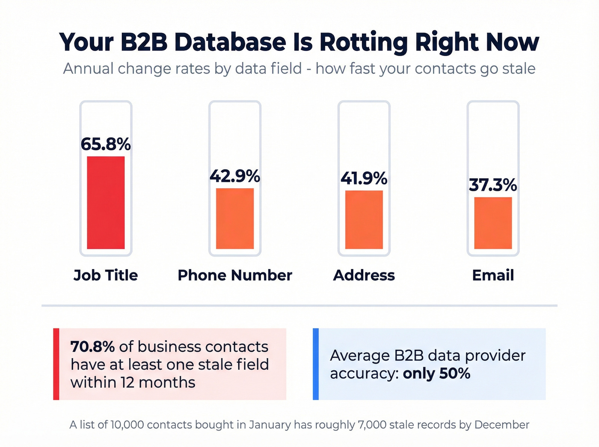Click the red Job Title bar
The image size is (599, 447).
(106, 202)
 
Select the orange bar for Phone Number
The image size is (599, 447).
(235, 218)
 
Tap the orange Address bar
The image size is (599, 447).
(364, 219)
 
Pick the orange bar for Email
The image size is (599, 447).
(493, 223)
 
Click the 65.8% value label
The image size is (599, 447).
(106, 144)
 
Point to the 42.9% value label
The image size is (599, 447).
(235, 176)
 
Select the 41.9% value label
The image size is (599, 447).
(364, 178)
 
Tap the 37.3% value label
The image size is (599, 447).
(493, 185)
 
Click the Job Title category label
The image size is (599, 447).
(106, 275)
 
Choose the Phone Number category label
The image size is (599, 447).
(235, 275)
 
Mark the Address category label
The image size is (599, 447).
(364, 275)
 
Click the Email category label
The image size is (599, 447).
(493, 275)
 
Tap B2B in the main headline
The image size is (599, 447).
(144, 42)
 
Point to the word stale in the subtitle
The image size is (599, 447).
(519, 68)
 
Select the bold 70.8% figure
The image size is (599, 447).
(92, 346)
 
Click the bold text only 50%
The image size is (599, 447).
(436, 373)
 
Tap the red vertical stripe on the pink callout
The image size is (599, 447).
(56, 364)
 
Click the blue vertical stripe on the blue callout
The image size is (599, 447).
(316, 364)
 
